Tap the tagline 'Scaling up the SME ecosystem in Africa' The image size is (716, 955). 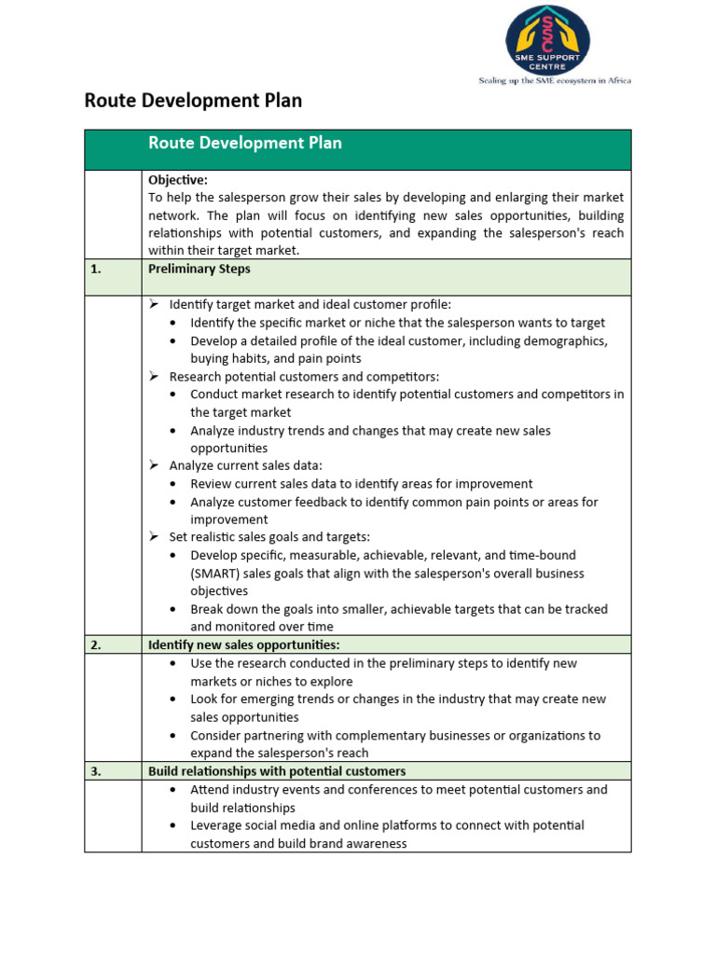click(x=555, y=80)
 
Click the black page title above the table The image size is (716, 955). click(x=193, y=101)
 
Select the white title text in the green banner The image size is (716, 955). click(x=245, y=144)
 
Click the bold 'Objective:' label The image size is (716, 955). click(x=178, y=180)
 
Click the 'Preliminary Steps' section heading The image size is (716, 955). click(x=199, y=269)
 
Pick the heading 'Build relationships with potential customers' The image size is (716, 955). click(x=277, y=771)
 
